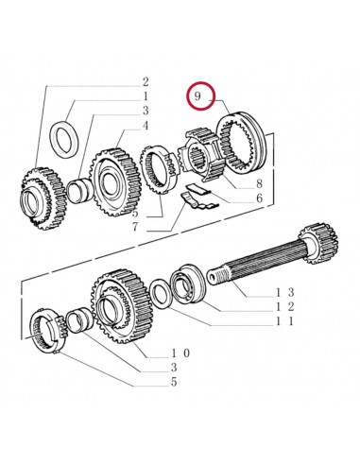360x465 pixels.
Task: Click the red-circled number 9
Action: tap(197, 96)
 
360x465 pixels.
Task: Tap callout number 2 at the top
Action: tap(146, 81)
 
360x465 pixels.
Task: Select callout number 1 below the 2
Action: tap(146, 95)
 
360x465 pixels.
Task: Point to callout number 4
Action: tap(146, 125)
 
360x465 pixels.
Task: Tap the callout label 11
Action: tap(285, 323)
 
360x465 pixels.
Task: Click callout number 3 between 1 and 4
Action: tap(146, 111)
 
